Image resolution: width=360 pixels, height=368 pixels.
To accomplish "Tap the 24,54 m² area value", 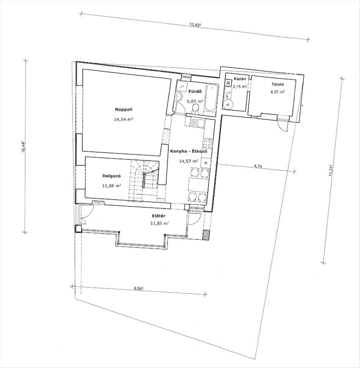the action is tap(124, 119).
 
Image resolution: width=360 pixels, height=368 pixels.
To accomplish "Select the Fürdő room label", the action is tap(197, 92).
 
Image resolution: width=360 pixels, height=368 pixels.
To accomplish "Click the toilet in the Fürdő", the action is tap(195, 109).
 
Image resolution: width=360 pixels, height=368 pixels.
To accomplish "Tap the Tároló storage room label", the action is tap(278, 84).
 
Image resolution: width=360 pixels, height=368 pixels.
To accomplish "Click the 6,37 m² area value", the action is tap(278, 92).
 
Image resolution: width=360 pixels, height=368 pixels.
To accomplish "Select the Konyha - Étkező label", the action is tap(189, 151).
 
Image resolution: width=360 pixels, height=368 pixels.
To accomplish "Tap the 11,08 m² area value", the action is tap(112, 185).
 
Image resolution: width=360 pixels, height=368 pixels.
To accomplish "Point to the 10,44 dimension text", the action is tap(23, 147).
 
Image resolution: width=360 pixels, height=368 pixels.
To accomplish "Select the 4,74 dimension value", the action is tap(258, 166).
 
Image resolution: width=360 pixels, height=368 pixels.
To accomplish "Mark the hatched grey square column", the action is tap(206, 235).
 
